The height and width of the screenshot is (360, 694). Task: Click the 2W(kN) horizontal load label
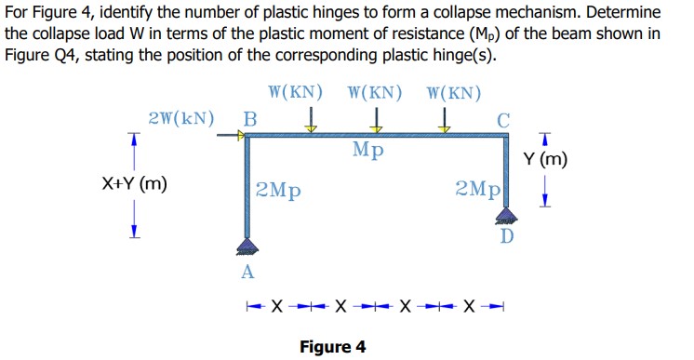coord(180,119)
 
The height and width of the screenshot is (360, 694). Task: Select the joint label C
coord(503,119)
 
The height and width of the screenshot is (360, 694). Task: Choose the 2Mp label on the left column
coord(278,191)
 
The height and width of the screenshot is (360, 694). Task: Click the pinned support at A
coord(247,246)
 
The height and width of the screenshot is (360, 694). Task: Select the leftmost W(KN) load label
coord(295,93)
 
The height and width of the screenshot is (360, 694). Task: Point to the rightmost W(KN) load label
coord(453,93)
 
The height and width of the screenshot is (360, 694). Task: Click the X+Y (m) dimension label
coord(135,183)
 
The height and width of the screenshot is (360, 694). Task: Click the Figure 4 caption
coord(332,347)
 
